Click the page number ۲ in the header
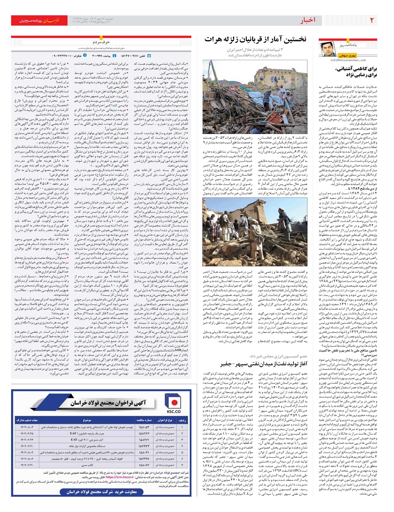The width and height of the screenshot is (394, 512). coord(372,20)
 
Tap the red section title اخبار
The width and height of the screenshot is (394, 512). coord(307,20)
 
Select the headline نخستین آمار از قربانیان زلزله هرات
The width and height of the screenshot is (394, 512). coord(255,39)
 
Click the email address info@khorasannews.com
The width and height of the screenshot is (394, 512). coord(348,60)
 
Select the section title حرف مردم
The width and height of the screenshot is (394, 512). coord(101,42)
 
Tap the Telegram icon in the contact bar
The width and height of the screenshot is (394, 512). coord(85,56)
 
